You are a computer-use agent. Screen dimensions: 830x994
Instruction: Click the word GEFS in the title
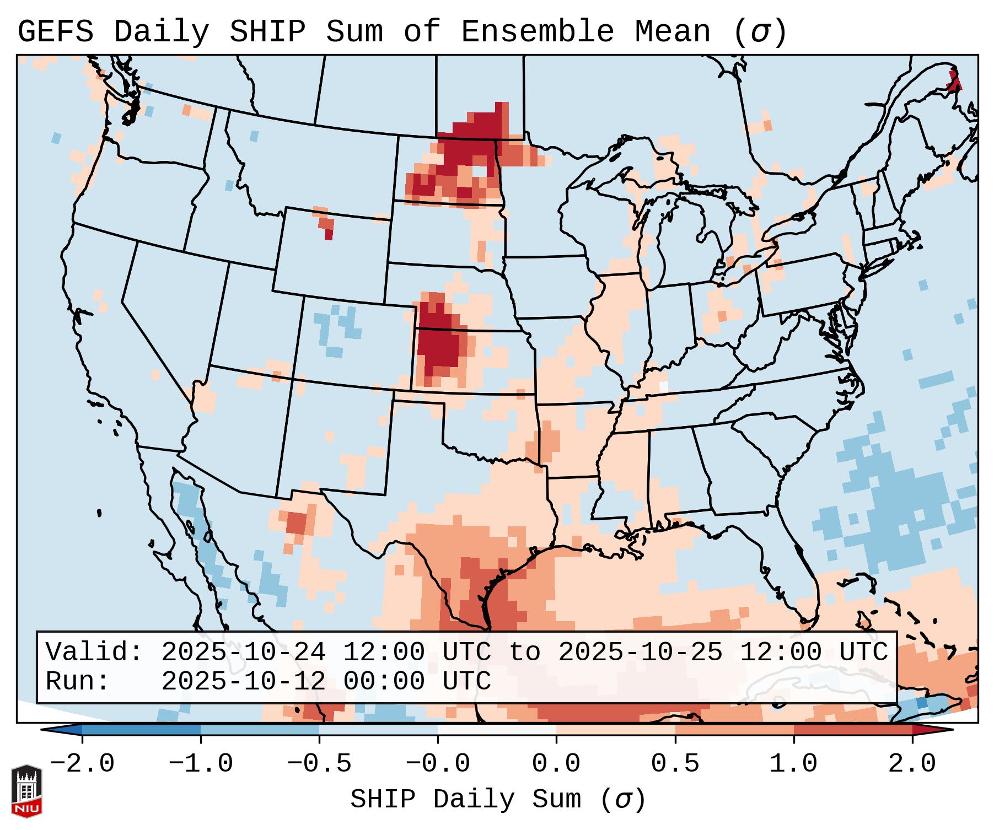tap(56, 32)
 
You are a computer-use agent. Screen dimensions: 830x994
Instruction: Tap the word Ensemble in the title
tap(537, 32)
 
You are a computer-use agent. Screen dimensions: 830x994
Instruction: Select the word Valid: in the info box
tap(94, 652)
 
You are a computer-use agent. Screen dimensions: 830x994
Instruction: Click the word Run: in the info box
tap(77, 681)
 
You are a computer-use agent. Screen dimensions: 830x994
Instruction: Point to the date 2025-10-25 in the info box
tap(640, 652)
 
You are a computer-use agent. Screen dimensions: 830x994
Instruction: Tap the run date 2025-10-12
tap(243, 681)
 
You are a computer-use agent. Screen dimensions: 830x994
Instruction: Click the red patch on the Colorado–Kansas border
tap(438, 339)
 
